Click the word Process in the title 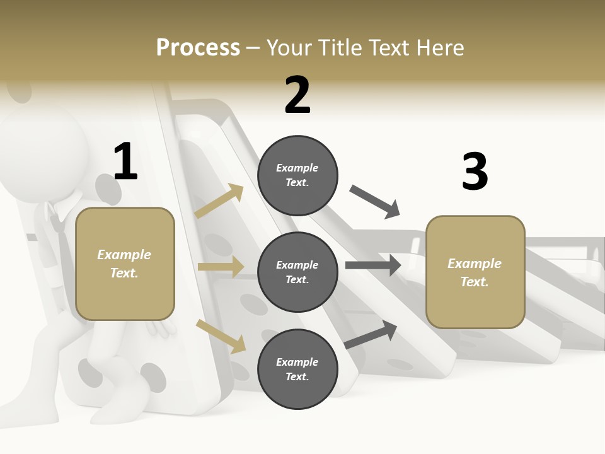(x=198, y=47)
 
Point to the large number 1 (x=125, y=161)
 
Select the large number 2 (x=297, y=95)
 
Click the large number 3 (x=475, y=172)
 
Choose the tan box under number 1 (x=125, y=264)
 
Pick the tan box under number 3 (x=475, y=272)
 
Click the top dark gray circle (x=297, y=175)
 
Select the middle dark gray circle (x=297, y=272)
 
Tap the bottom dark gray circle (x=297, y=369)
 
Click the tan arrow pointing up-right (x=219, y=202)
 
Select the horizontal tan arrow (x=221, y=267)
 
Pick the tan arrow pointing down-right (x=221, y=336)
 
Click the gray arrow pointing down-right (x=375, y=201)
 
